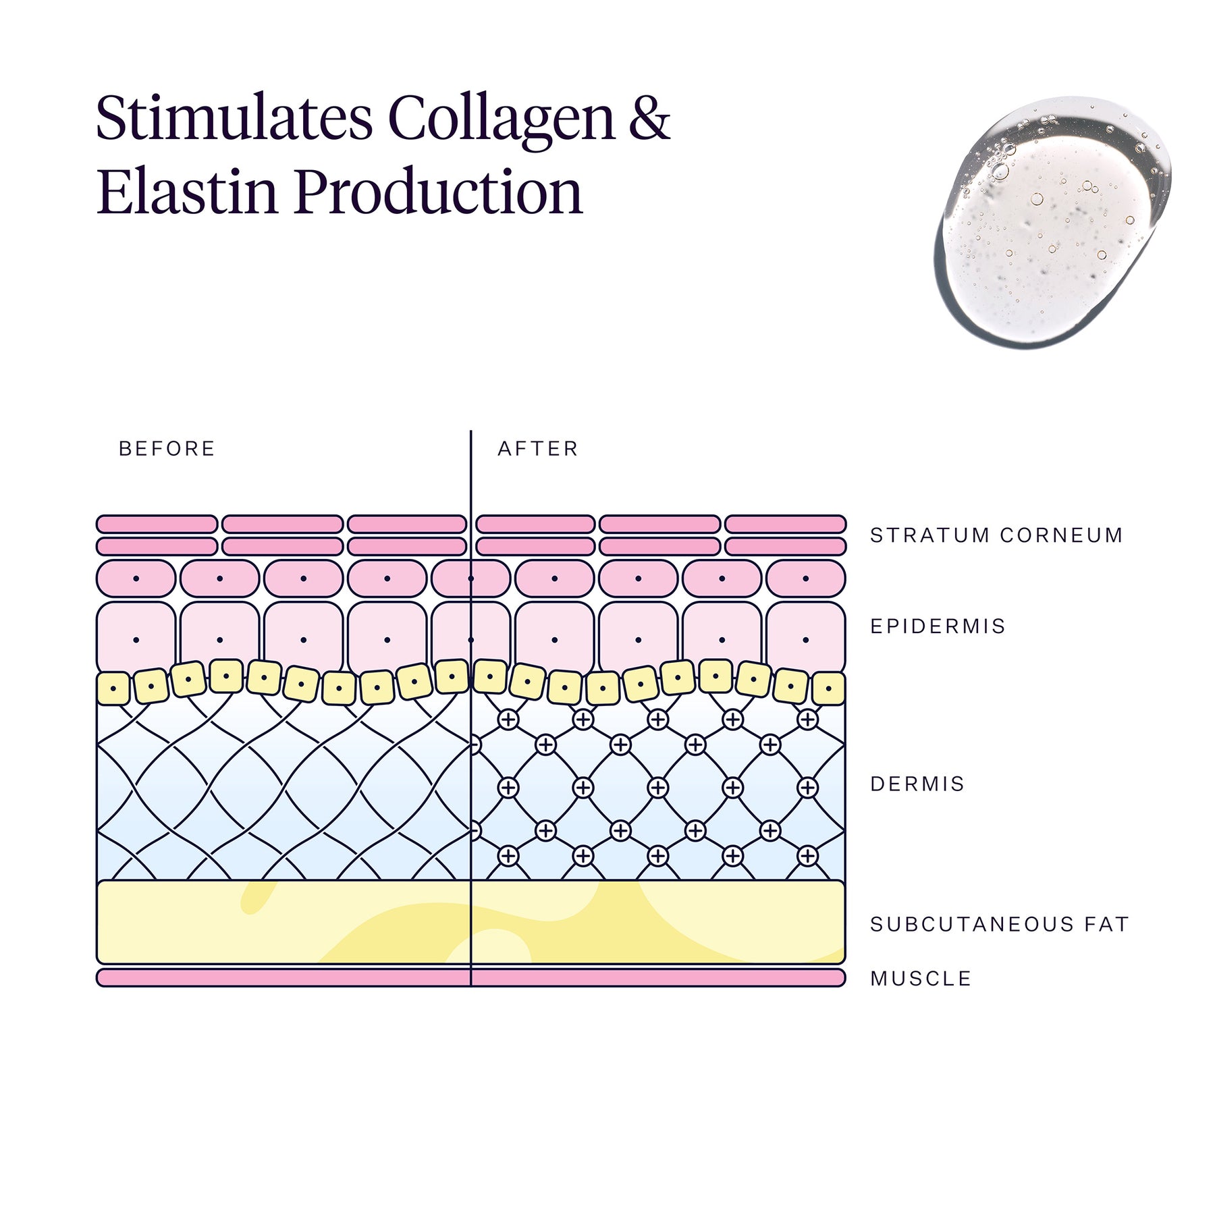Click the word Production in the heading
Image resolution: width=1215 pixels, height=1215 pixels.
[x=438, y=192]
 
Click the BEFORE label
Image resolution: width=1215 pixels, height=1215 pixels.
[x=167, y=449]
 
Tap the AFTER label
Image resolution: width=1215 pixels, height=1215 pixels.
[x=538, y=449]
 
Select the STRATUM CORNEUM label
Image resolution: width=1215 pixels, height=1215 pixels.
[x=996, y=535]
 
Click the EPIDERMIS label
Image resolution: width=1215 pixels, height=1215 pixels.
[x=938, y=626]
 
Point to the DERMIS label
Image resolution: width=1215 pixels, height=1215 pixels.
[x=917, y=784]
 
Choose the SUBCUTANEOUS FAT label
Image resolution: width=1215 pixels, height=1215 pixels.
[x=999, y=924]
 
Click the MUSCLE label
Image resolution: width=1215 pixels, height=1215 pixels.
[x=921, y=979]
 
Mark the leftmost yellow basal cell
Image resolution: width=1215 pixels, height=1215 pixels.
[x=113, y=689]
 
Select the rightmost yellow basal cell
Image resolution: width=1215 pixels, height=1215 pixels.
[x=828, y=689]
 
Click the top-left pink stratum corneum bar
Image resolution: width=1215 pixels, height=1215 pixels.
[x=157, y=524]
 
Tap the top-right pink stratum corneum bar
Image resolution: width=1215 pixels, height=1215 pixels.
[x=785, y=524]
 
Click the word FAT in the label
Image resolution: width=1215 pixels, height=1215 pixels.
[x=1106, y=924]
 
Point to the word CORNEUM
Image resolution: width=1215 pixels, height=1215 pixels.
[x=1061, y=535]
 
